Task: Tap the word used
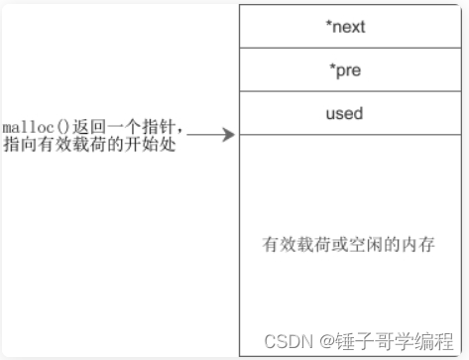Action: coord(344,113)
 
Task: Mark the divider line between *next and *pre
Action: coord(350,48)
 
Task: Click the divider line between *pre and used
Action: coord(350,91)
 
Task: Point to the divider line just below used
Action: coord(350,135)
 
